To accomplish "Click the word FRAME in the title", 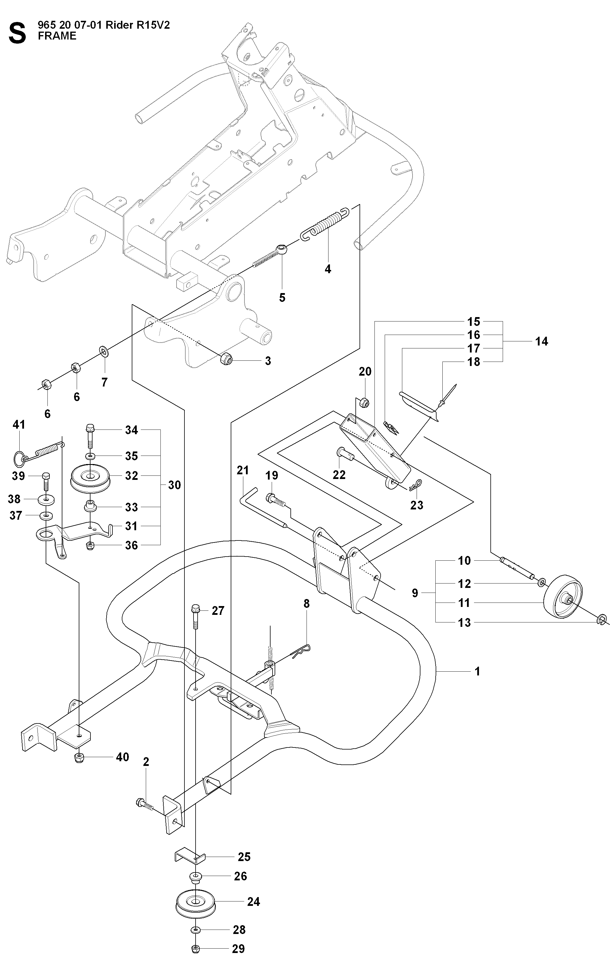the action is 57,36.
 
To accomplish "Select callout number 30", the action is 174,485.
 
